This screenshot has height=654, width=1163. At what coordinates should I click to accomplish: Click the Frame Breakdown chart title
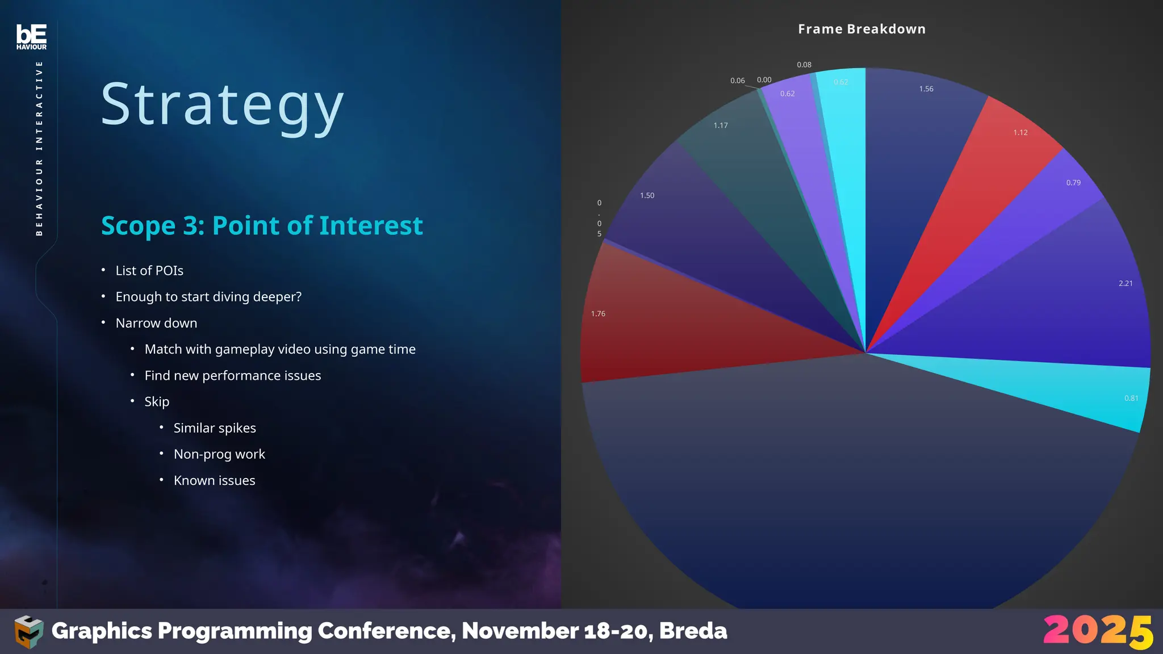pos(861,29)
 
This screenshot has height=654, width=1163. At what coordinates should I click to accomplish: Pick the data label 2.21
pos(1125,283)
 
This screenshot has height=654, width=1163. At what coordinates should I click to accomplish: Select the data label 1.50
pos(647,195)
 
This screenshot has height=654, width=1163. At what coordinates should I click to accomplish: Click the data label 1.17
pos(720,125)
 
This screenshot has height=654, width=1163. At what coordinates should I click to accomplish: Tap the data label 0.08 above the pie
pos(804,65)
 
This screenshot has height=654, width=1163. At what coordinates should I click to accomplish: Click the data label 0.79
pos(1073,183)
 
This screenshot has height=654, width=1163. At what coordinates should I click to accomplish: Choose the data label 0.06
pos(737,81)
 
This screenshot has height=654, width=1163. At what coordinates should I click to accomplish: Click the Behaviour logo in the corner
pos(31,37)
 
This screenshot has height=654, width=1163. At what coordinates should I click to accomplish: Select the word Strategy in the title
pos(222,105)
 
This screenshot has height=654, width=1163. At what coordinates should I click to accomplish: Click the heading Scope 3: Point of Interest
pos(262,225)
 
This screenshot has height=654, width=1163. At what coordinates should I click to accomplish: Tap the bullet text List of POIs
pos(149,271)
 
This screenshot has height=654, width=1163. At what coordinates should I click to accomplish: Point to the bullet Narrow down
pos(156,323)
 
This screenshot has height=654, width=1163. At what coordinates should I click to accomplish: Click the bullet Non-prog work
pos(219,454)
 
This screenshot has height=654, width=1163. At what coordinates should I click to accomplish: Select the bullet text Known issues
pos(214,480)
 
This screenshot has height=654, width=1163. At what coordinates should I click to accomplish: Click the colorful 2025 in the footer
pos(1098,631)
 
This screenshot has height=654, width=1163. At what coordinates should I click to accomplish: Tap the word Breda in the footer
pos(693,631)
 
